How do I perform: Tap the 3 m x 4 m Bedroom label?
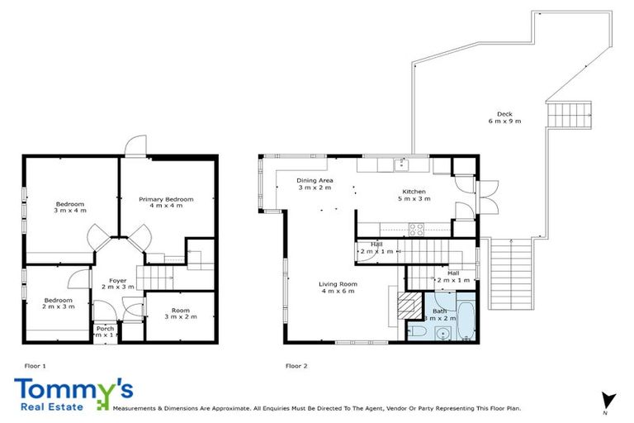coord(70,207)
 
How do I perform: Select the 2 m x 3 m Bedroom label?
coord(58,304)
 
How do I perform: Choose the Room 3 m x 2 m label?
coord(177,314)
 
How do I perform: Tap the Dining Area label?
coord(315,184)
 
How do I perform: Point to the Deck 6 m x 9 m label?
coord(504,117)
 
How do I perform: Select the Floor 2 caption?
coord(296,364)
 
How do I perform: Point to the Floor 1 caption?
coord(35,364)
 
